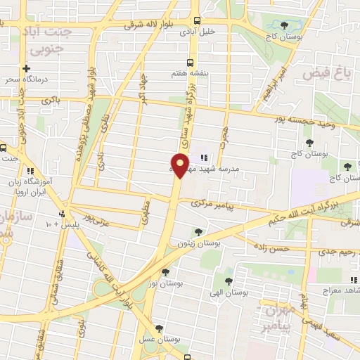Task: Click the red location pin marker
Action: tap(181, 165)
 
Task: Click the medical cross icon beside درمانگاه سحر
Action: tap(26, 69)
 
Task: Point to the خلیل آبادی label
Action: tap(217, 31)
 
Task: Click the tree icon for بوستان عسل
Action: tap(160, 327)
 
